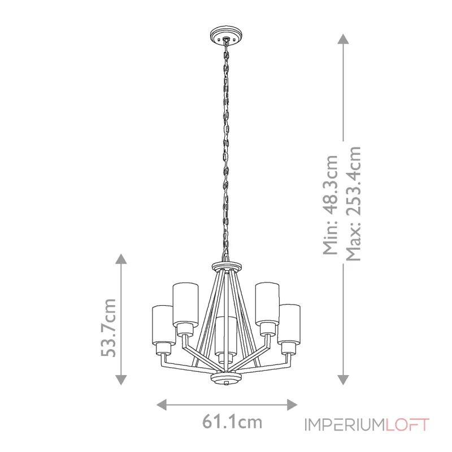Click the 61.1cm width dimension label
232,421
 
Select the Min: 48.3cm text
329,205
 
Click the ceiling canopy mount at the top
226,34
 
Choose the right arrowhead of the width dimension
292,404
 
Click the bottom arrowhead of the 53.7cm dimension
120,380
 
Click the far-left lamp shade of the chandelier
162,324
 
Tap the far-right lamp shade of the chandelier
289,323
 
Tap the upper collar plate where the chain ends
226,267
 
